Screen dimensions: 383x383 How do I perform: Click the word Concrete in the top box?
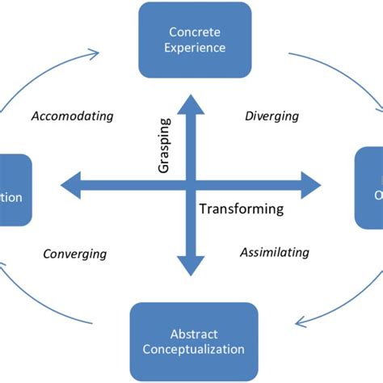(x=195, y=32)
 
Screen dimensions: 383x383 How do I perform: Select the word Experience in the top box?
(x=195, y=48)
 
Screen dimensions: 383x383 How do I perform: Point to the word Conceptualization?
(x=194, y=349)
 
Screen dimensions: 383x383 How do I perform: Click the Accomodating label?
(x=73, y=116)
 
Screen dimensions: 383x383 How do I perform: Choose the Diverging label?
(x=271, y=116)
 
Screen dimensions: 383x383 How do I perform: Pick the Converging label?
(x=74, y=254)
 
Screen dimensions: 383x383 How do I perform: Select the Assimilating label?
(x=275, y=252)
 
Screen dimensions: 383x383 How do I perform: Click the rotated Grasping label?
(x=165, y=145)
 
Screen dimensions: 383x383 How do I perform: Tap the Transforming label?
(x=241, y=209)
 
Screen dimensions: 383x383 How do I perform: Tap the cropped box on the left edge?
(x=15, y=191)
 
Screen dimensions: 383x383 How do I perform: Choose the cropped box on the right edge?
(x=369, y=191)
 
